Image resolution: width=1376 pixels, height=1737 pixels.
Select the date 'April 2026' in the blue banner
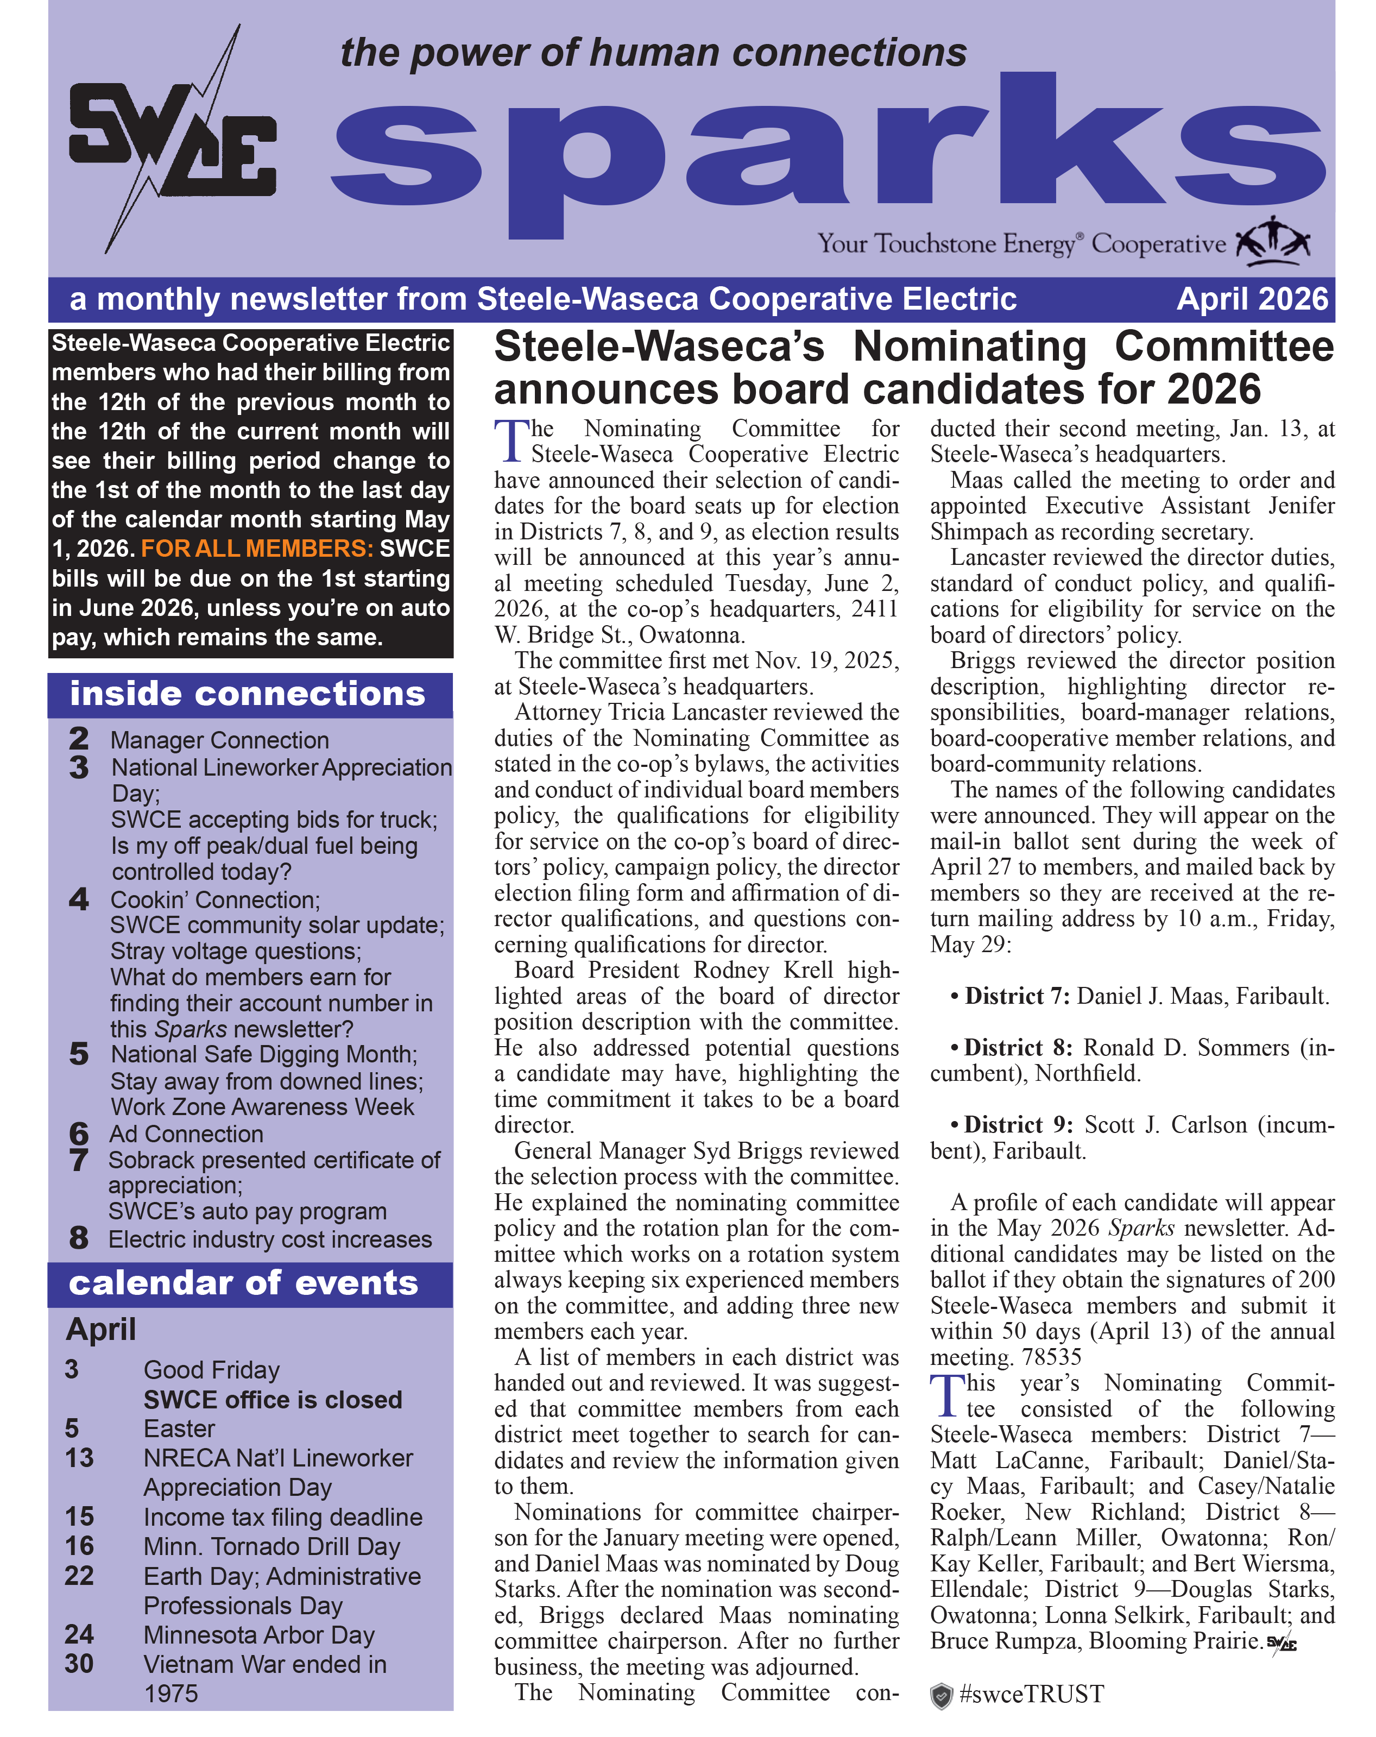coord(1251,300)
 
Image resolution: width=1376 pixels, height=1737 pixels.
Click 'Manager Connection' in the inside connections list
coord(219,740)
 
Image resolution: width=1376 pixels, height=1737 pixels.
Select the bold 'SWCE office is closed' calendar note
coord(272,1399)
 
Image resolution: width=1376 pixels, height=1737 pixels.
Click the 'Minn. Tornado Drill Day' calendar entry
coord(272,1546)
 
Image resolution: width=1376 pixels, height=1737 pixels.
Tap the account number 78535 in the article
coord(1051,1357)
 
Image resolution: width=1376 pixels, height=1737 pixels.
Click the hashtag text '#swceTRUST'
coord(1032,1694)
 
